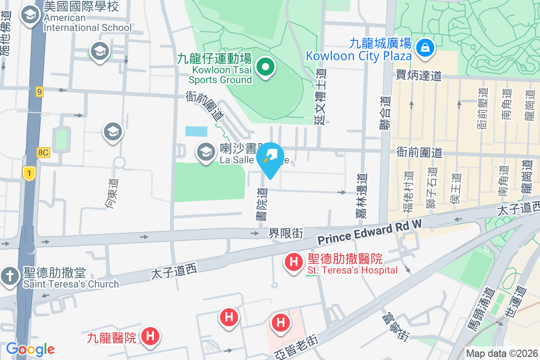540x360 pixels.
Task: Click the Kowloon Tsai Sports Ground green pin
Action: point(265,68)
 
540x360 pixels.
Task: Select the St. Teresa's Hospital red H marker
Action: point(294,261)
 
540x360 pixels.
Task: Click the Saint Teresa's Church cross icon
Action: point(9,275)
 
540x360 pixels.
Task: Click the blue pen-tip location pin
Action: point(270,159)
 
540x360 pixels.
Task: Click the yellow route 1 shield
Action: point(29,173)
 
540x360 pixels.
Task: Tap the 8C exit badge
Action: point(43,152)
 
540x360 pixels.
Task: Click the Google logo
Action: point(30,349)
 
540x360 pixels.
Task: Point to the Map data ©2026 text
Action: point(501,354)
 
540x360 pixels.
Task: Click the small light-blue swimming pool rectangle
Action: point(196,131)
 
